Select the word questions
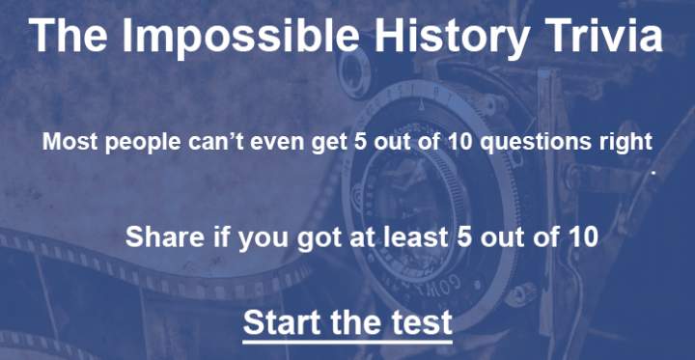(x=536, y=143)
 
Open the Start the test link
(x=347, y=321)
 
